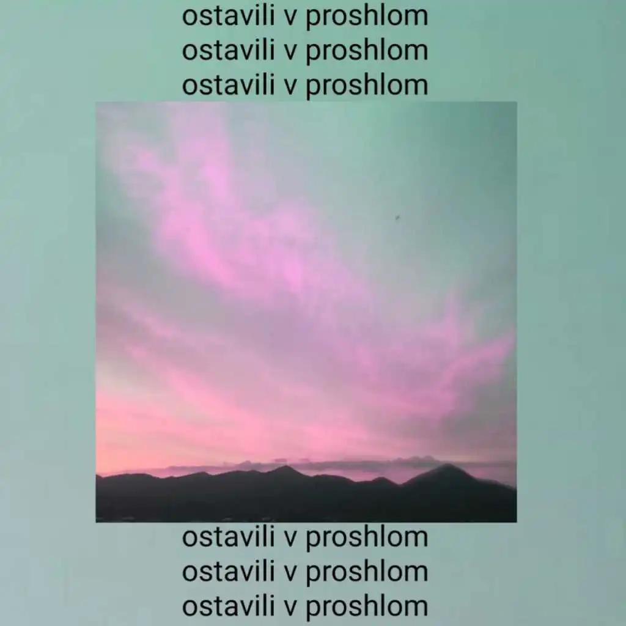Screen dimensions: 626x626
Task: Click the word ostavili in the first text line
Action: [x=229, y=17]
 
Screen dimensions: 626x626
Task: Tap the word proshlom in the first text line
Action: [x=367, y=18]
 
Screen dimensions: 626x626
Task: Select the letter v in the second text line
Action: [x=290, y=52]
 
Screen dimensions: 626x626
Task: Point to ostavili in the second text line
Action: [x=229, y=51]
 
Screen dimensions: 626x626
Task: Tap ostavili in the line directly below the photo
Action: [x=229, y=537]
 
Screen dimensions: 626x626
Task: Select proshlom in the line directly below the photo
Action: [x=367, y=539]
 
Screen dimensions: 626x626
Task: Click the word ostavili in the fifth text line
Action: [x=229, y=572]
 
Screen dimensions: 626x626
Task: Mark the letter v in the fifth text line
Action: [x=290, y=573]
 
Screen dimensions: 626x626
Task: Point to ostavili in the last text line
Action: [x=229, y=606]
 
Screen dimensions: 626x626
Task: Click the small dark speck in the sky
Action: [x=397, y=218]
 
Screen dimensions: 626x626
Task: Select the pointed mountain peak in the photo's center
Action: [x=285, y=466]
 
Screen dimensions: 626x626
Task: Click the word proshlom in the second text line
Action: [x=367, y=53]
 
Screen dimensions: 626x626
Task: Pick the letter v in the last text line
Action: [x=290, y=608]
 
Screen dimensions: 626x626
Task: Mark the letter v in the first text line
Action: [x=290, y=18]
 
